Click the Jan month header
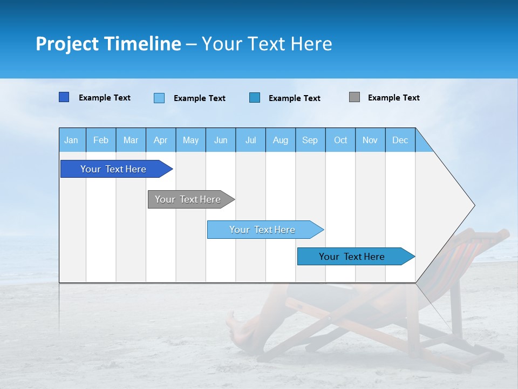click(x=71, y=140)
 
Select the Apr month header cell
click(x=161, y=140)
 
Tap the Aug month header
click(x=280, y=140)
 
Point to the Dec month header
click(x=400, y=140)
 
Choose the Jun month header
click(x=221, y=140)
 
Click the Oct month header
click(x=340, y=140)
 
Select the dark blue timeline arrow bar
click(x=113, y=169)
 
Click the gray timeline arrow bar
click(x=188, y=199)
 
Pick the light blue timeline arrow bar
click(x=262, y=230)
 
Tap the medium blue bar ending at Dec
click(x=352, y=257)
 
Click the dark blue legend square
click(x=64, y=97)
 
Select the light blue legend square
click(x=159, y=98)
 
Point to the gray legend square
click(x=355, y=97)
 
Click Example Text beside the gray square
click(x=393, y=98)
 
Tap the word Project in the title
click(x=67, y=44)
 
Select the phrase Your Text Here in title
click(x=267, y=44)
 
